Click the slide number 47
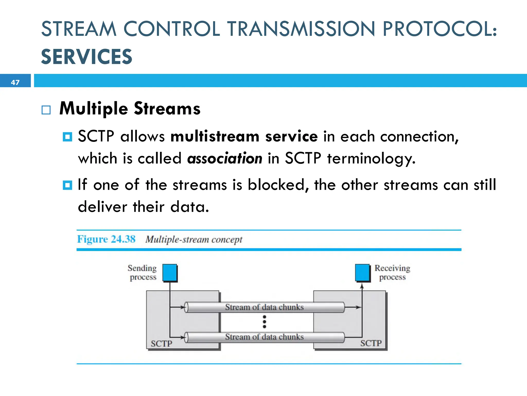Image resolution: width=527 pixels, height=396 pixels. click(15, 82)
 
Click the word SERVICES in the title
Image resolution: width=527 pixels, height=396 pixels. click(86, 57)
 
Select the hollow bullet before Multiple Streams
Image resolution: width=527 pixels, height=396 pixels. click(46, 110)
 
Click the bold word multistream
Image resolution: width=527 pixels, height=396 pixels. click(215, 136)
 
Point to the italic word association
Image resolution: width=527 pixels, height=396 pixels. click(225, 158)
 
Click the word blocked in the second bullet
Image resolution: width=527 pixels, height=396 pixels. click(276, 185)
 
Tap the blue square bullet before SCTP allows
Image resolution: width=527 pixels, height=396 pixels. click(67, 137)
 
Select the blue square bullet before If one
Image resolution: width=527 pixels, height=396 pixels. click(67, 185)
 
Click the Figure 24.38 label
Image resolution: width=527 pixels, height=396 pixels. click(106, 239)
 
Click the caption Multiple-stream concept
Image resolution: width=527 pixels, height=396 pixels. click(194, 240)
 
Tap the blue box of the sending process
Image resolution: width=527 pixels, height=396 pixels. click(170, 273)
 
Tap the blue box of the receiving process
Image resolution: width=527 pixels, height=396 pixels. click(362, 273)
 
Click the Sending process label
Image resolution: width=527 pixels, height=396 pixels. click(142, 273)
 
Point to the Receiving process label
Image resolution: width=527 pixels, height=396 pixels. click(392, 273)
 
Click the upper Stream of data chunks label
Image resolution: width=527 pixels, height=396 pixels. click(264, 307)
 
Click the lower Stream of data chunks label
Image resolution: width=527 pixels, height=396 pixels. click(264, 337)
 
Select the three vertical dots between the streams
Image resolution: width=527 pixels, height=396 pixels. click(264, 322)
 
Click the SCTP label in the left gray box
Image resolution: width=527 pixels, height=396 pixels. click(161, 343)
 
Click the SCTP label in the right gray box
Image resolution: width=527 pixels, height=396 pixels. click(371, 343)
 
